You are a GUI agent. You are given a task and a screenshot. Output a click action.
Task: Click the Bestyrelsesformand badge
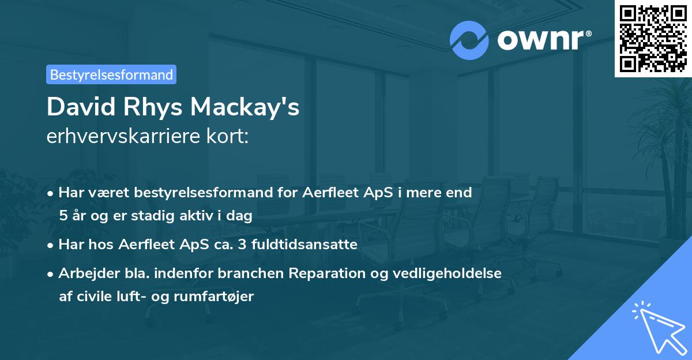click(111, 74)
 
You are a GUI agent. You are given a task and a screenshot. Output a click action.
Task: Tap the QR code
click(653, 38)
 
